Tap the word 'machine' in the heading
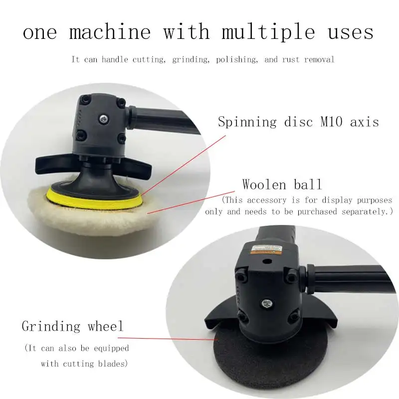[x=110, y=32]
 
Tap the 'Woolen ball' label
[x=282, y=185]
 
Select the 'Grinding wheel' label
[x=72, y=327]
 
